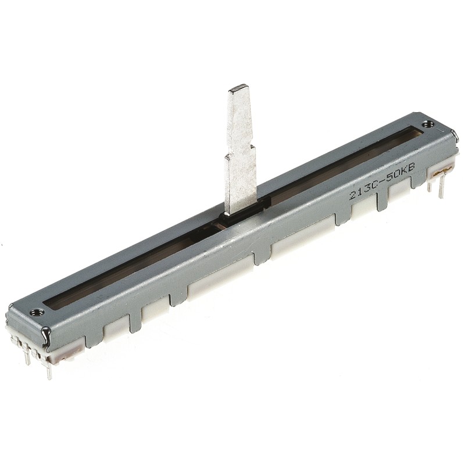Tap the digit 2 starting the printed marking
(x=353, y=195)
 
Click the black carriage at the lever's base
(x=242, y=212)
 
